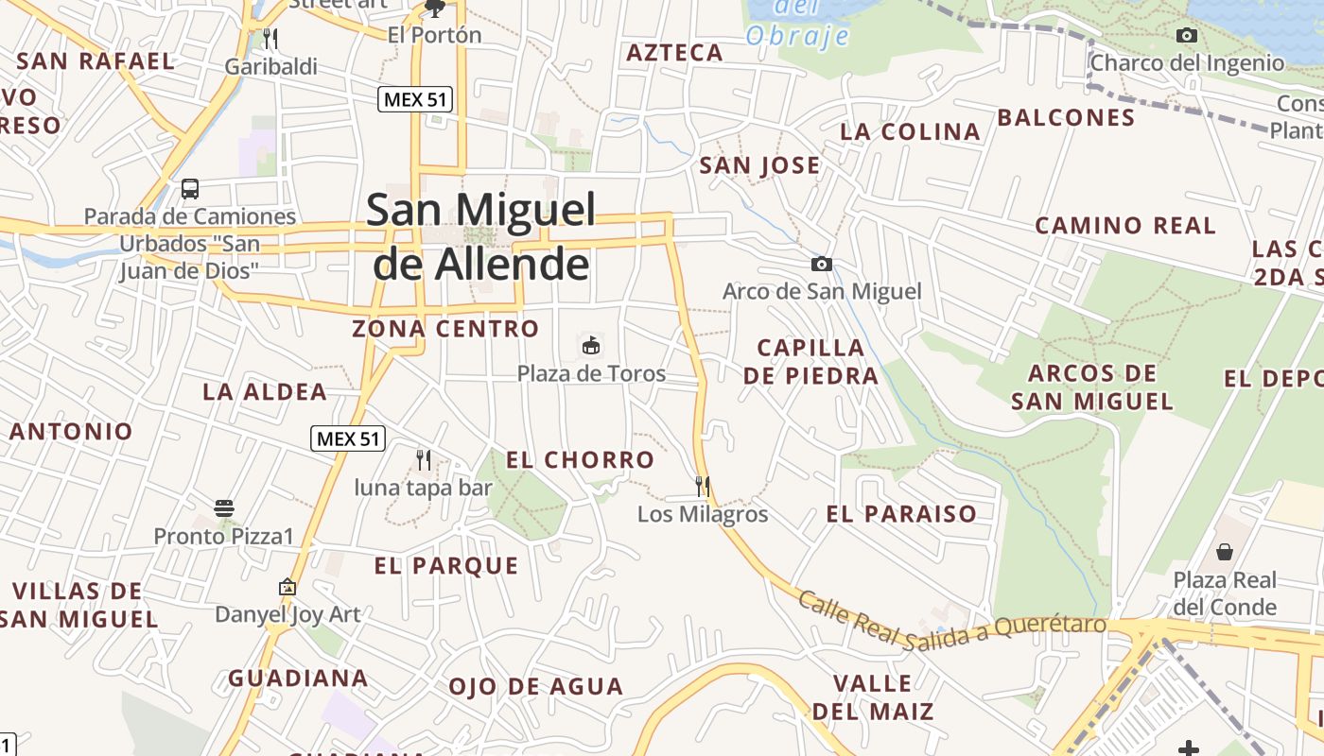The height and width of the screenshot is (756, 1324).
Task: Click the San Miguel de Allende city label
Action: click(480, 236)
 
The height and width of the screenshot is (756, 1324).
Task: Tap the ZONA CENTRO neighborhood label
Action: click(445, 329)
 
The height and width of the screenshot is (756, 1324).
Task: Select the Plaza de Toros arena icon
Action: click(591, 345)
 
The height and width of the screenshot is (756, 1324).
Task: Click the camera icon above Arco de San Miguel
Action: click(822, 264)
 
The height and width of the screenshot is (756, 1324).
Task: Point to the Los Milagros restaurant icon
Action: click(703, 487)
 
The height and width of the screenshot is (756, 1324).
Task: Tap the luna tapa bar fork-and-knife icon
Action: click(424, 460)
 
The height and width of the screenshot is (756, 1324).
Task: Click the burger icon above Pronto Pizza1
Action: click(224, 508)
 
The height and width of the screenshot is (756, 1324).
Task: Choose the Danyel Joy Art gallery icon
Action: click(287, 587)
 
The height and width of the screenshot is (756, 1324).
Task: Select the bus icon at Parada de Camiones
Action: click(190, 188)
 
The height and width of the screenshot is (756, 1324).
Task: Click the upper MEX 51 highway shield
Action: click(415, 98)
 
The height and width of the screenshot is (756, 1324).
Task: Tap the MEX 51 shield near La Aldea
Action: click(348, 438)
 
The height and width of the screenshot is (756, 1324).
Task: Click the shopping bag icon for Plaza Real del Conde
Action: click(1225, 551)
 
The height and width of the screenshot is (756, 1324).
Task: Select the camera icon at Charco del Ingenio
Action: click(1187, 36)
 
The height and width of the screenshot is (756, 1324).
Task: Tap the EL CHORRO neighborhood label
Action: click(580, 460)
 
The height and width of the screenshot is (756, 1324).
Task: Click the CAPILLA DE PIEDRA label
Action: click(810, 361)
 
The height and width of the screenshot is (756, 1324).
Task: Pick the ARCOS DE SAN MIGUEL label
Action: click(1092, 387)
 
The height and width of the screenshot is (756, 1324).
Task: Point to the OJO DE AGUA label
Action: click(536, 687)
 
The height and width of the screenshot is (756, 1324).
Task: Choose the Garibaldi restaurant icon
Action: click(270, 38)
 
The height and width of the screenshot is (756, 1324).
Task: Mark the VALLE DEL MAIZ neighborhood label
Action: click(873, 697)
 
